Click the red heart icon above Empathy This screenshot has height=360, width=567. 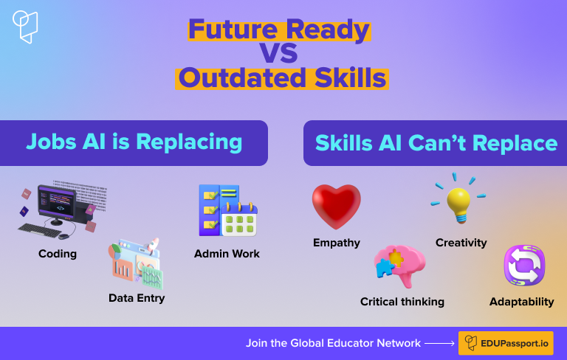click(x=337, y=207)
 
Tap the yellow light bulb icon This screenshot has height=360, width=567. click(x=458, y=204)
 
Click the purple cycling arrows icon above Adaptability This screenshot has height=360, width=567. click(x=524, y=266)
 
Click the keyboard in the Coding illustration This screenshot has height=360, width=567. click(x=40, y=230)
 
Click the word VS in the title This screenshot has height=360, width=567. click(x=279, y=54)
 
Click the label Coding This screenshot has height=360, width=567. click(x=58, y=254)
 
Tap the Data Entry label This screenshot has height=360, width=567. click(x=137, y=298)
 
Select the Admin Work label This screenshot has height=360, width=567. click(x=227, y=254)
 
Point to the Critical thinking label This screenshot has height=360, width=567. click(x=402, y=302)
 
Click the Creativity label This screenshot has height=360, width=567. click(x=461, y=243)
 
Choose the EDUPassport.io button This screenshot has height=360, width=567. click(x=506, y=343)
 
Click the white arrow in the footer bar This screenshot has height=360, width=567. click(x=439, y=343)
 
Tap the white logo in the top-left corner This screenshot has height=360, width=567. click(x=25, y=27)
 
